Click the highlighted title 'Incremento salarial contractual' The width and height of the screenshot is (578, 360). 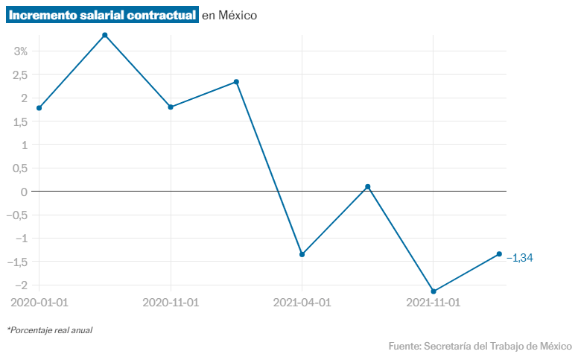click(103, 15)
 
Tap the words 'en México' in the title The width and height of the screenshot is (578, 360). click(229, 16)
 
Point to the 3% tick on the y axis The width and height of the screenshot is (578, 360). click(20, 51)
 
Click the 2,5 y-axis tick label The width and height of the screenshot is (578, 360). click(20, 75)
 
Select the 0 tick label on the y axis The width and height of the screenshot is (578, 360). click(25, 192)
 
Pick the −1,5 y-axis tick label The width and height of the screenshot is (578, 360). click(18, 262)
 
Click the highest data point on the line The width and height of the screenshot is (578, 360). click(105, 35)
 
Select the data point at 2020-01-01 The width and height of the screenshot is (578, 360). click(39, 108)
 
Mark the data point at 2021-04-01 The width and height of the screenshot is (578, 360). click(302, 254)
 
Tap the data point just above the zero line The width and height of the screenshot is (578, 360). click(367, 186)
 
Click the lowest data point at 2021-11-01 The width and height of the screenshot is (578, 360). click(433, 291)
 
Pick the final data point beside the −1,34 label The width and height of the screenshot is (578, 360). click(499, 254)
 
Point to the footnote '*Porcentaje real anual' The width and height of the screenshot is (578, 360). click(50, 329)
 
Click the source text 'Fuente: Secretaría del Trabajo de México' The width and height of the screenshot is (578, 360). click(480, 346)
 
